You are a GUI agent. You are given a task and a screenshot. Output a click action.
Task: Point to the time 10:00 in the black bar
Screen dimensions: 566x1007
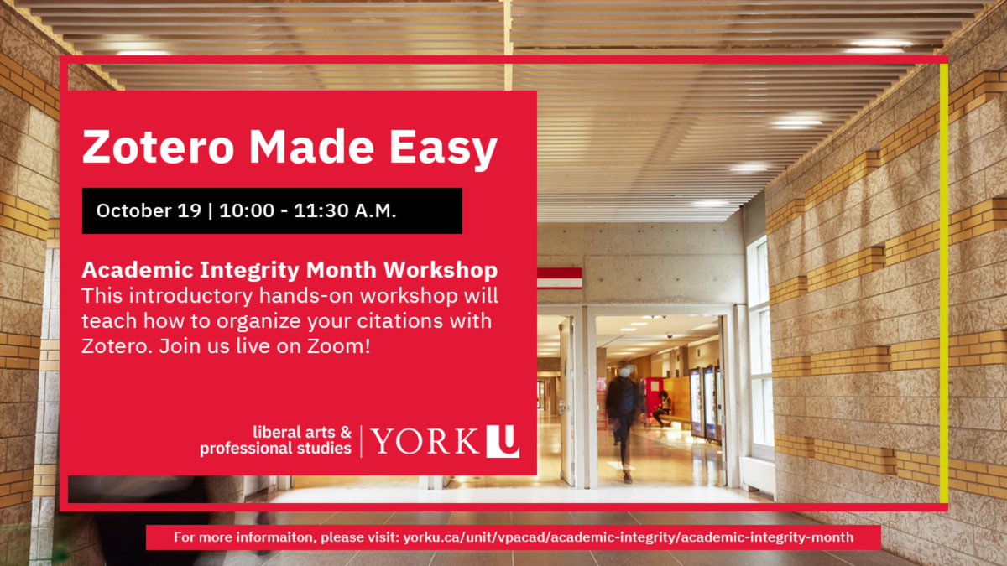(247, 210)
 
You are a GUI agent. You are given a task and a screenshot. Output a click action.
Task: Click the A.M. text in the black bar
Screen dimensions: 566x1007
(371, 210)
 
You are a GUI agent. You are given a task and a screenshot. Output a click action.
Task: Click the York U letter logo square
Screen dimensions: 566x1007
(503, 441)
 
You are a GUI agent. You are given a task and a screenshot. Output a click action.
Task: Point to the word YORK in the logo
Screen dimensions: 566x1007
(425, 441)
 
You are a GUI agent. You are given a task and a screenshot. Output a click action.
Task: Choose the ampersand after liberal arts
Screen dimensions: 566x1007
(345, 433)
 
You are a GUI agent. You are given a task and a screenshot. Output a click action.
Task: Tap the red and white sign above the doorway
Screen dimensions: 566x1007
(560, 278)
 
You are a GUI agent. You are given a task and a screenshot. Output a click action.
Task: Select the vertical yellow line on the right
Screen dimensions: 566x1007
(944, 285)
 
